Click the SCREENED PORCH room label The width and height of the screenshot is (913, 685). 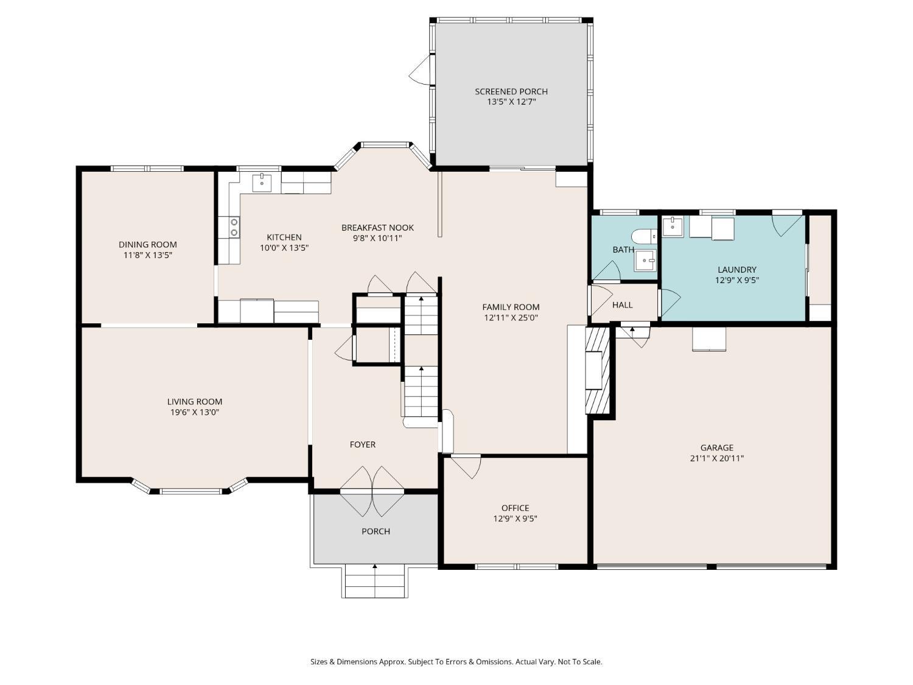click(511, 91)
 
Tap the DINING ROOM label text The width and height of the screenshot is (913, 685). click(148, 245)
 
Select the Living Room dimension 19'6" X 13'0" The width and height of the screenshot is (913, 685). click(195, 413)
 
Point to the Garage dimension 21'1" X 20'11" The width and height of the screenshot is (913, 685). click(716, 458)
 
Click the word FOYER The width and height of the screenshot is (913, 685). click(363, 444)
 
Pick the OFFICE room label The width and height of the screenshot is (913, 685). click(516, 508)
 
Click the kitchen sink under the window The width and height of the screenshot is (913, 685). click(262, 183)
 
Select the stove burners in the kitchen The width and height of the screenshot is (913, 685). click(234, 227)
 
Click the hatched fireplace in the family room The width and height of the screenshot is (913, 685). click(597, 370)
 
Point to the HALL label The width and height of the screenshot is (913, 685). click(623, 305)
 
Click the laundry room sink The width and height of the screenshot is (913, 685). click(673, 227)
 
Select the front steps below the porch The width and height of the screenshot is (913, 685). click(375, 581)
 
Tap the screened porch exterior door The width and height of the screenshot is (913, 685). click(420, 71)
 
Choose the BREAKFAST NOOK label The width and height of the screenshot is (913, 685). click(378, 228)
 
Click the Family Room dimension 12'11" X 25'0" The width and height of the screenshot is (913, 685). click(511, 318)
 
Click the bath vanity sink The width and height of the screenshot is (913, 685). click(645, 261)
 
